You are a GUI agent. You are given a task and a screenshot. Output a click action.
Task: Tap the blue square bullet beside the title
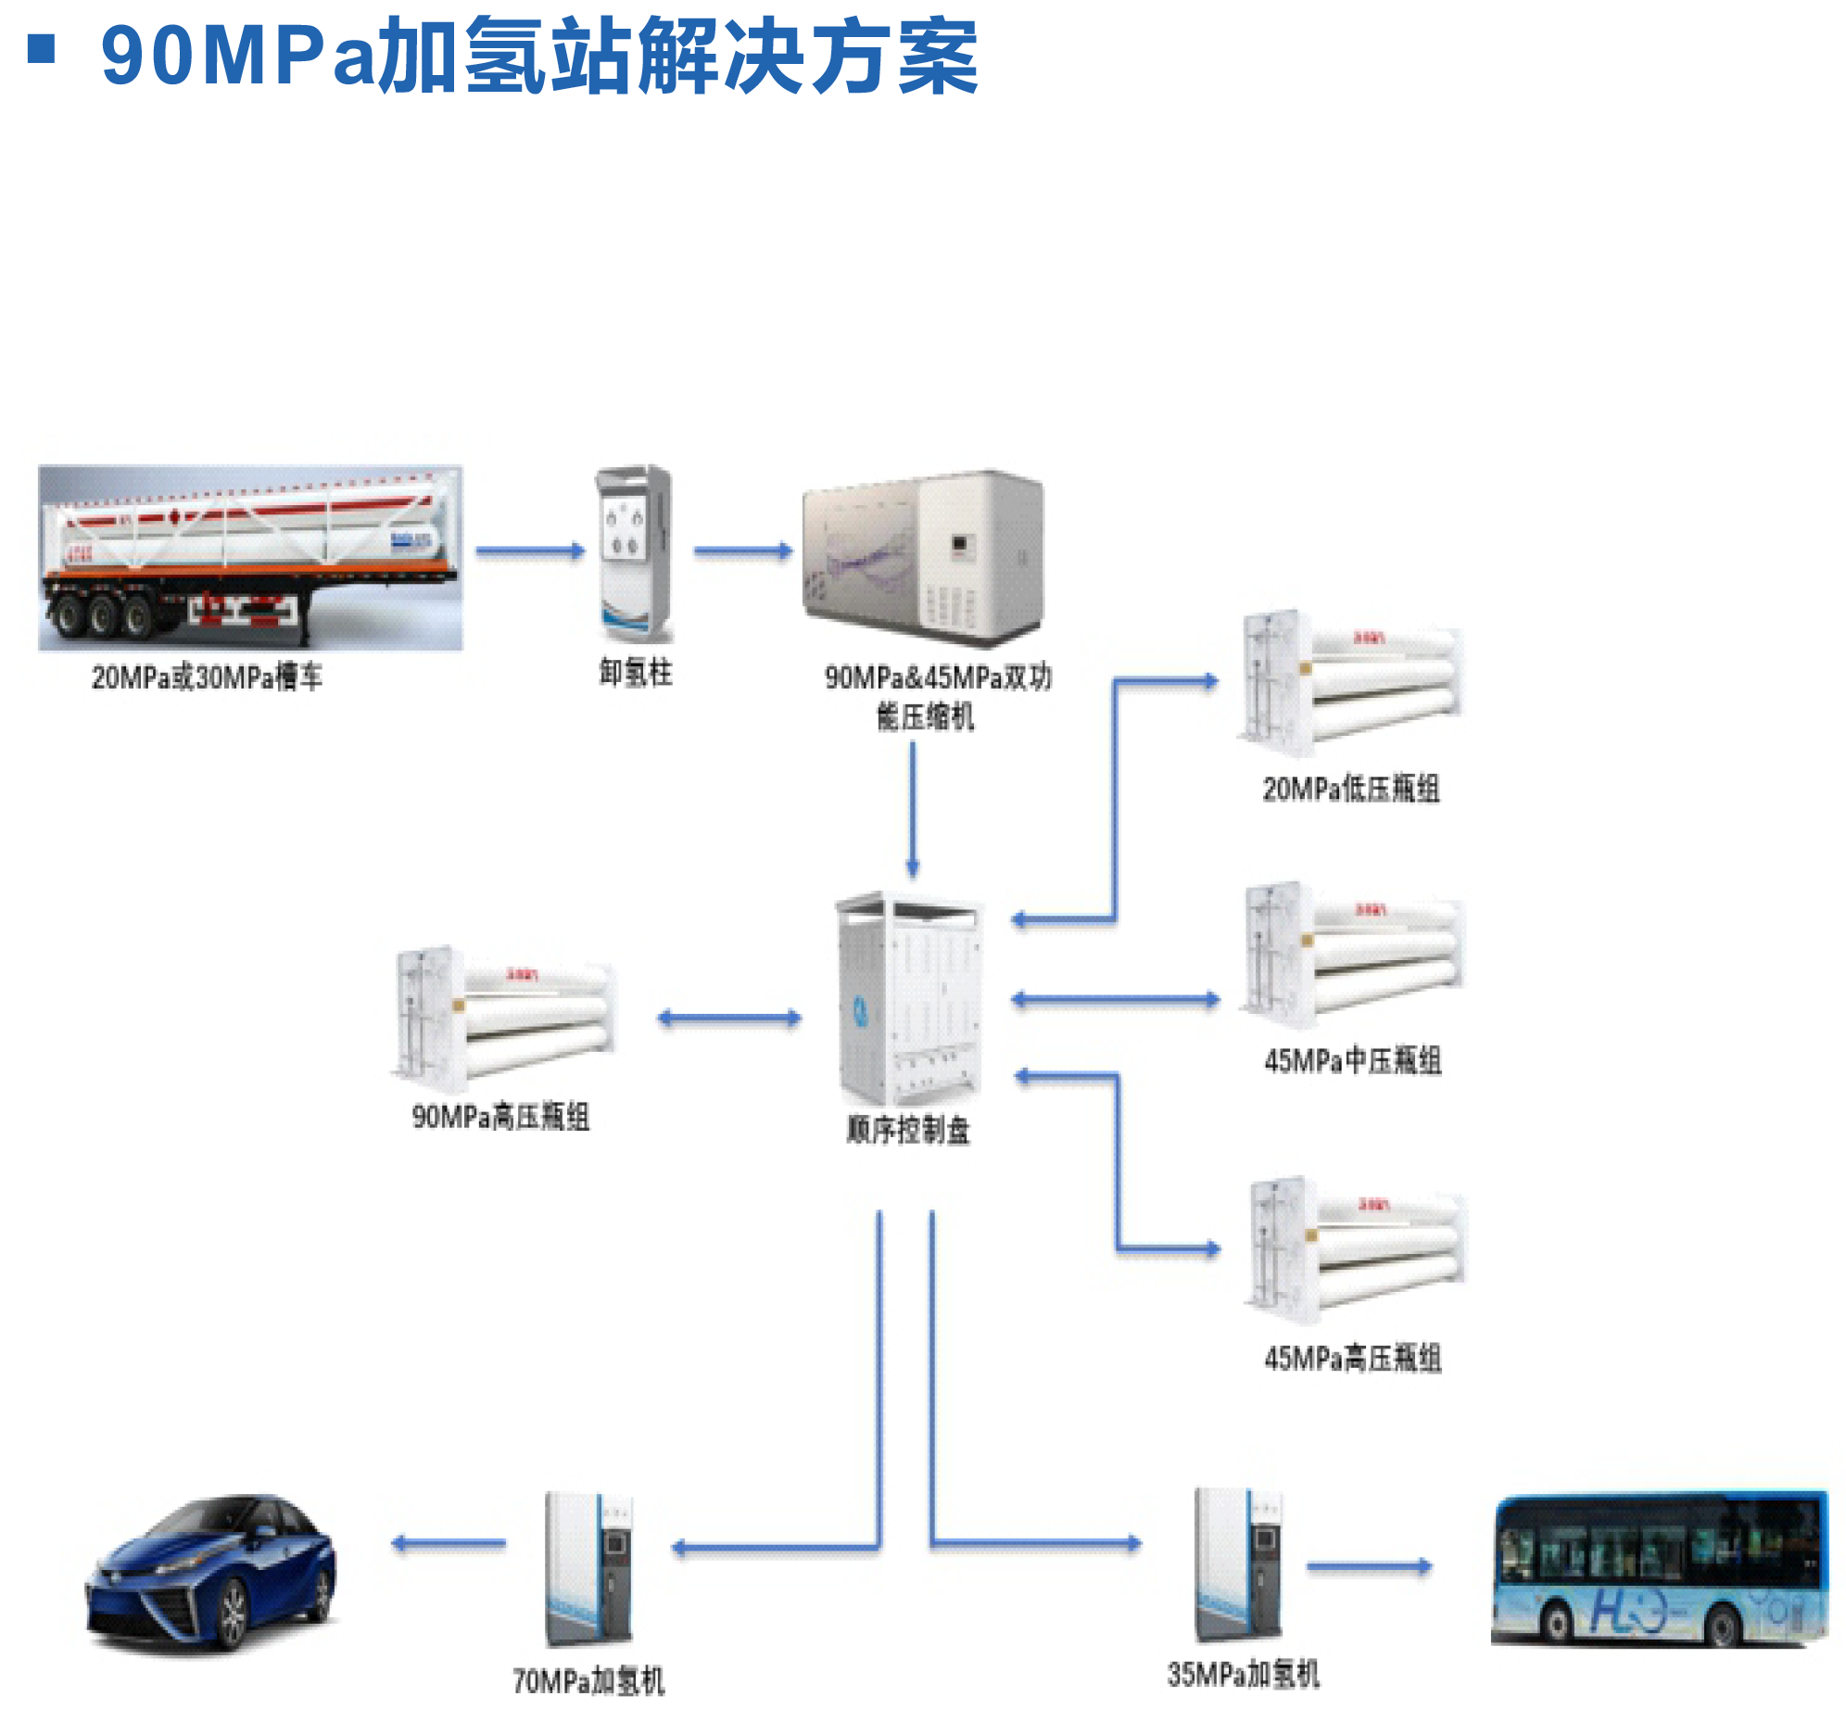[42, 48]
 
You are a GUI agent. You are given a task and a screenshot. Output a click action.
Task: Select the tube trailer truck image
[250, 558]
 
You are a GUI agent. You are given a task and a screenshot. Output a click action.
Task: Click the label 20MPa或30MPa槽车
[206, 677]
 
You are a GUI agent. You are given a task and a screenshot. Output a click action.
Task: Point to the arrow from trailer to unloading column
[530, 551]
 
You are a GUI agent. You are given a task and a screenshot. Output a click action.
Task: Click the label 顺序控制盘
[908, 1130]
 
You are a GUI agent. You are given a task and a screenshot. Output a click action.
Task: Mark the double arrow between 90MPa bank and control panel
[729, 1018]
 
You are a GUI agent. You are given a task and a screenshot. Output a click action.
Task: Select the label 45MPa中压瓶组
[1352, 1061]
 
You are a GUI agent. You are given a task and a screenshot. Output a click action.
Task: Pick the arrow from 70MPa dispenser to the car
[449, 1543]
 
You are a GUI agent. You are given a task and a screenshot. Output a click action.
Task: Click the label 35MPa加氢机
[1243, 1674]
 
